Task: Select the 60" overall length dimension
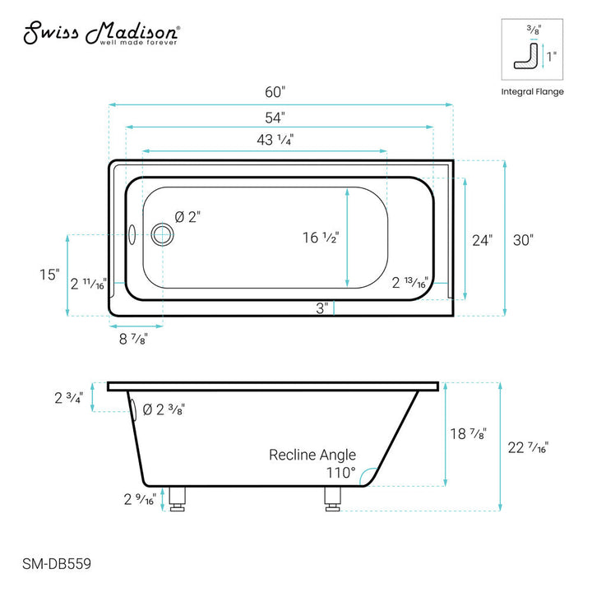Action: coord(280,91)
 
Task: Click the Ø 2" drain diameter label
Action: coord(187,217)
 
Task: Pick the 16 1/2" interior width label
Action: coord(321,238)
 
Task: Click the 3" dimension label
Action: coord(323,308)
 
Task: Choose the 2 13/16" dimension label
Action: coord(409,284)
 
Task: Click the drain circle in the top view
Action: coord(163,234)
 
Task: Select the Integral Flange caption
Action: coord(532,91)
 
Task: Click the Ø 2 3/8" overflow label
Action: coord(164,410)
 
